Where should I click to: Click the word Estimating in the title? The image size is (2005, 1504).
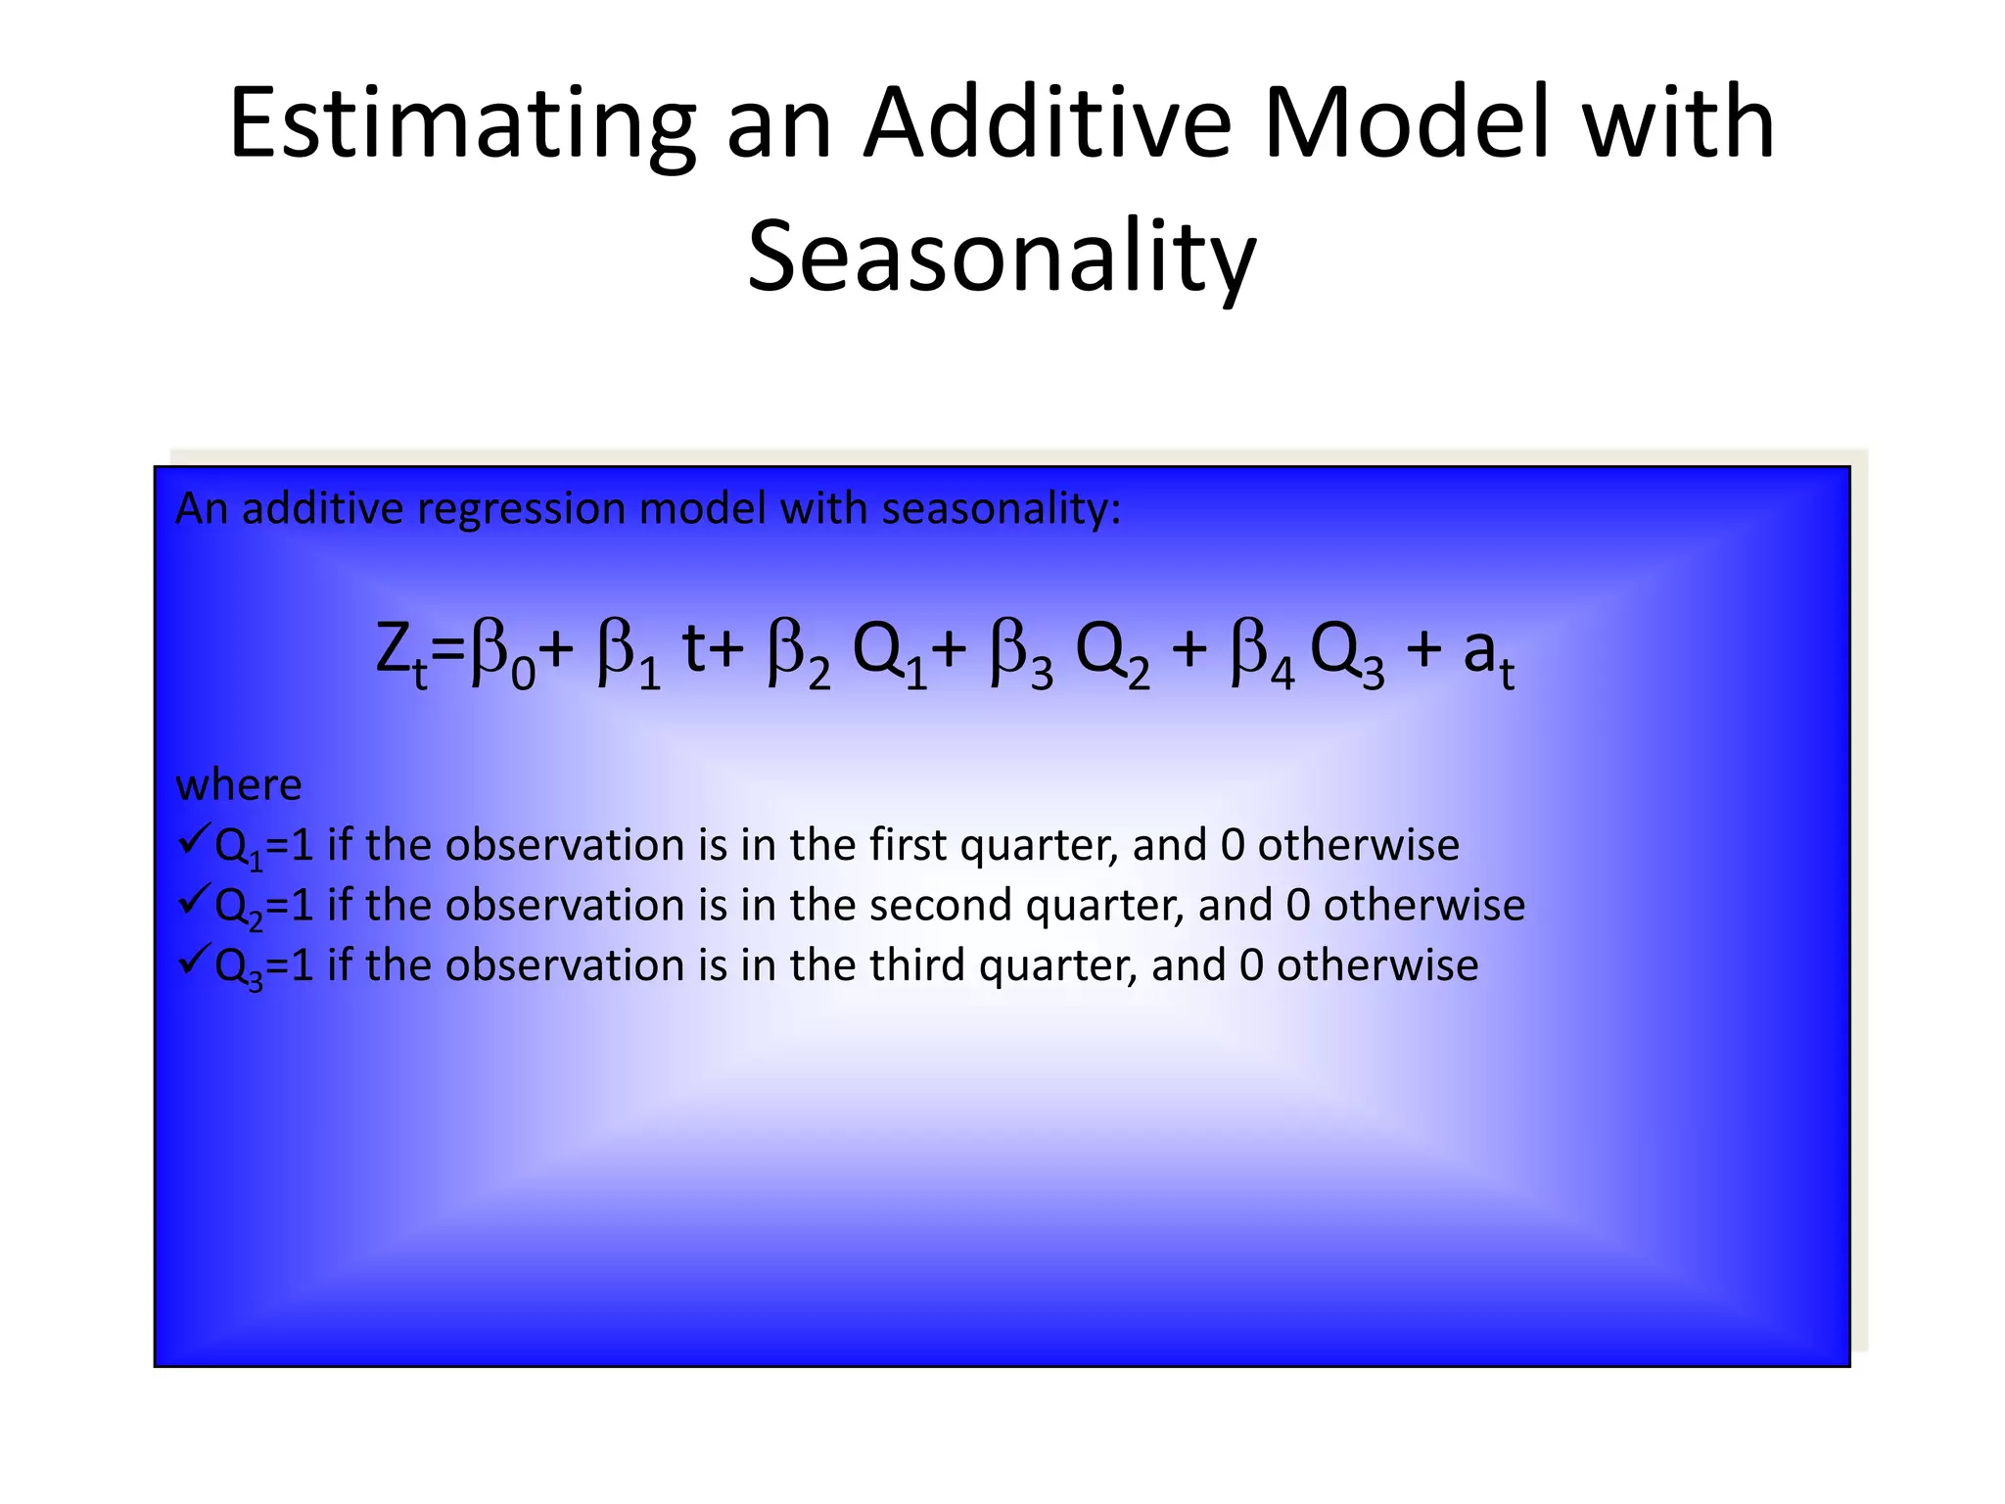pos(461,125)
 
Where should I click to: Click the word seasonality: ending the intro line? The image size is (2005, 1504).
pos(1001,510)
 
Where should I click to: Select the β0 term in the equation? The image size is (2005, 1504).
pos(502,654)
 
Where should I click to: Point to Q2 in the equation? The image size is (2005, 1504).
pos(1111,654)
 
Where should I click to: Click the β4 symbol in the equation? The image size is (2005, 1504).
pos(1262,654)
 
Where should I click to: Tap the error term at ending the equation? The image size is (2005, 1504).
pos(1488,654)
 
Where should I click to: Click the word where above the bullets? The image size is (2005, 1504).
pos(239,785)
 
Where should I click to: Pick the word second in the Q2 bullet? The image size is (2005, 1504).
pos(940,905)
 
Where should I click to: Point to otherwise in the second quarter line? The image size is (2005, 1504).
pos(1423,905)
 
